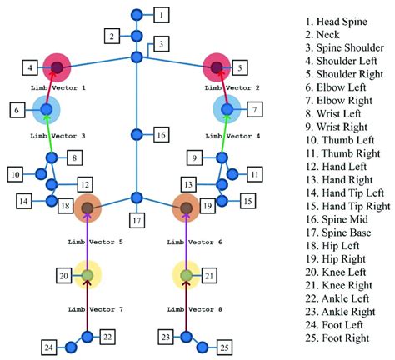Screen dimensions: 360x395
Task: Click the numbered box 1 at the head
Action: (162, 14)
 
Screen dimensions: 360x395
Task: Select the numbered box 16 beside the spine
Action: (162, 134)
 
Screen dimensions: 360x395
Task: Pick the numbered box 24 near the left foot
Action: (49, 347)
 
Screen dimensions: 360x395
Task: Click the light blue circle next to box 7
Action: (226, 108)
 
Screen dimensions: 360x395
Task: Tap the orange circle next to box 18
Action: (87, 207)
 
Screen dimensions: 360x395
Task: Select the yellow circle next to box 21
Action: (186, 275)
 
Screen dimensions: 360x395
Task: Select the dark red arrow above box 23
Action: (186, 310)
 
